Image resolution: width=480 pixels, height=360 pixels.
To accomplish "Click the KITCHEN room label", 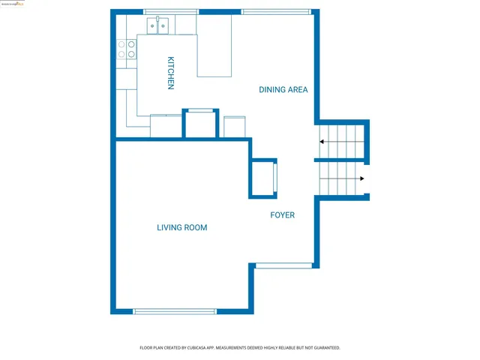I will (x=171, y=73).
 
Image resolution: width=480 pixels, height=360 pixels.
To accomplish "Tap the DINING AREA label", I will (x=283, y=90).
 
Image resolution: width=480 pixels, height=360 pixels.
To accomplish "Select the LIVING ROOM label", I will (x=181, y=227).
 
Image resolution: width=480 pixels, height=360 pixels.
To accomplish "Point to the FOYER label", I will (x=283, y=215).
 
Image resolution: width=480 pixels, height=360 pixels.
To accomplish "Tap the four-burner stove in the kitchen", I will (x=127, y=49).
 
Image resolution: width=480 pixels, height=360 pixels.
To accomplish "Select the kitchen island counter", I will (x=214, y=46).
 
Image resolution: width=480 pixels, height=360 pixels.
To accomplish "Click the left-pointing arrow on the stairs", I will (x=322, y=142).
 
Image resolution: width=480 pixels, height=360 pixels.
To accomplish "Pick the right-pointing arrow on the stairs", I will (x=361, y=178).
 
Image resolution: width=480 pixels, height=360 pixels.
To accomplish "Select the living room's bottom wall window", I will (x=174, y=310).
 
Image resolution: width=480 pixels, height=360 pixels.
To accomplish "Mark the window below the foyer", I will (x=283, y=265).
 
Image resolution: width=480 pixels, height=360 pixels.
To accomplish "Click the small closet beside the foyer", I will (x=263, y=178).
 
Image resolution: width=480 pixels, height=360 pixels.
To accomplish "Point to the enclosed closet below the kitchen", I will (x=201, y=124).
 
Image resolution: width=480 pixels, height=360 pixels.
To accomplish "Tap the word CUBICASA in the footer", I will (x=204, y=348).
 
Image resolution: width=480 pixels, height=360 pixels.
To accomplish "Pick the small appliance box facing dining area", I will (x=235, y=127).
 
